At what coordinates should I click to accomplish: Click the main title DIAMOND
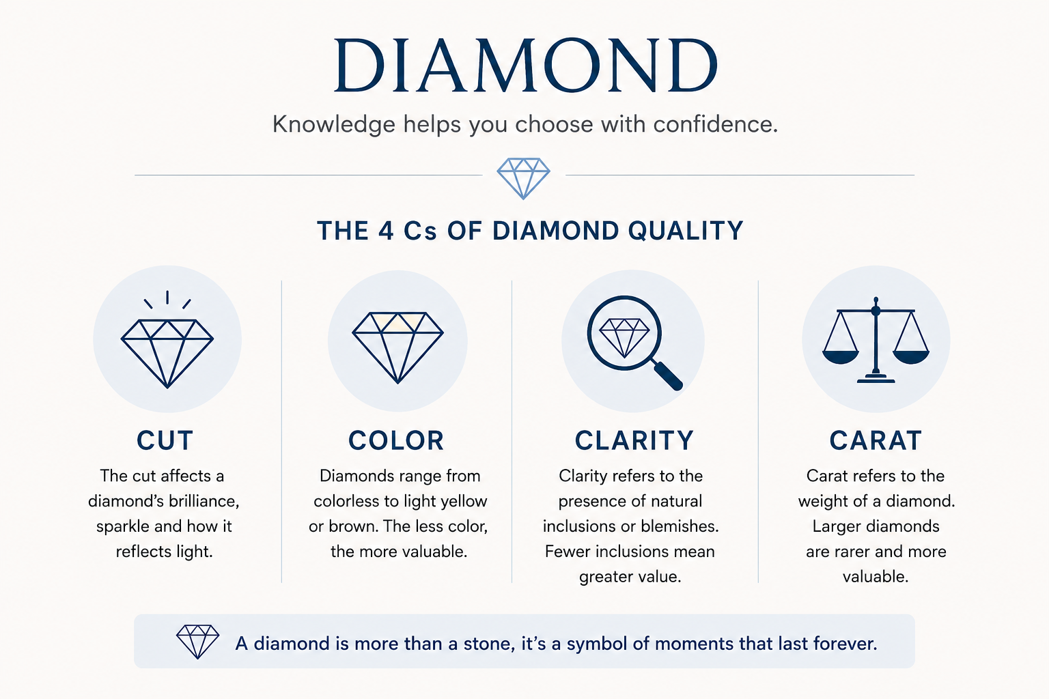coord(525,65)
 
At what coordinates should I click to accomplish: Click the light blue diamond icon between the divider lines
coord(524,178)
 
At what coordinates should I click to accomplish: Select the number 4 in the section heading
coord(386,231)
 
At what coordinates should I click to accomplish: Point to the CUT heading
coord(165,440)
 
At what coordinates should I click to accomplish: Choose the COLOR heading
coord(396,440)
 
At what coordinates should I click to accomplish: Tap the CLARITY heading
coord(634,440)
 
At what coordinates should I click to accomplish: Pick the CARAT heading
coord(876,440)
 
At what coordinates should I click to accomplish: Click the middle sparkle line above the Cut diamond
coord(167,297)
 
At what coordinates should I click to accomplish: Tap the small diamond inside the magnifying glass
coord(624,338)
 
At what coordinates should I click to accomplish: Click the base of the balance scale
coord(876,380)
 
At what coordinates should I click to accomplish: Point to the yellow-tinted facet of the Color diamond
coord(397,323)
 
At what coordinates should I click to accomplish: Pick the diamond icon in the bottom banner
coord(197,642)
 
